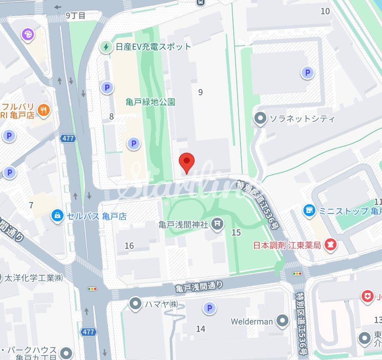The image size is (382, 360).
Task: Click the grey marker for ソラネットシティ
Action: coord(260,118)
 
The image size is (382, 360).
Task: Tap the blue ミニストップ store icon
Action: coord(310,211)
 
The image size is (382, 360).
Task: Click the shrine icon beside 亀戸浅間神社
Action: coord(218,224)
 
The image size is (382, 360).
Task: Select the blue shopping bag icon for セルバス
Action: coord(57,216)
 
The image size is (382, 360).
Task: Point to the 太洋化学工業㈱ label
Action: coord(33,278)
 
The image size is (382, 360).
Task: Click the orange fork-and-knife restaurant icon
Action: coord(44,110)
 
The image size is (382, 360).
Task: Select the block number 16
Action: coord(129,246)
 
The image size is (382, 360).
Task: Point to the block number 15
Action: coord(236,233)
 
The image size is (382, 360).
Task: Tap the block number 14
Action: coord(200,328)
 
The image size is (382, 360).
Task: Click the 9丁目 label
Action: coord(76,15)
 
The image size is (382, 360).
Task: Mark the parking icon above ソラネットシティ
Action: coord(307,73)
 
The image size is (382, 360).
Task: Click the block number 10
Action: coord(326,11)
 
